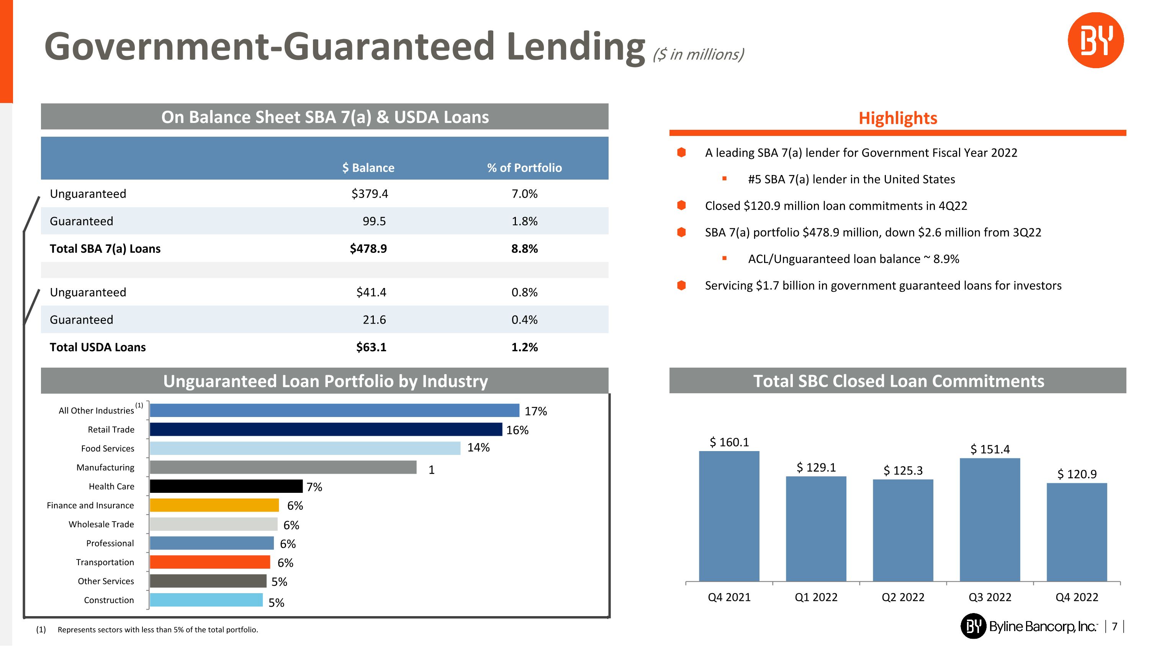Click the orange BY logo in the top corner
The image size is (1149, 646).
click(x=1095, y=40)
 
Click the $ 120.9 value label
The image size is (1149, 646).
click(x=1076, y=474)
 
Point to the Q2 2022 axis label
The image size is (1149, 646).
click(x=903, y=597)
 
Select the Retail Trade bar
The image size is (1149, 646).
click(x=326, y=429)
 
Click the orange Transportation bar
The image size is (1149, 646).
click(x=210, y=562)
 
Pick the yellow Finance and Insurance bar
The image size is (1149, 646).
click(x=214, y=505)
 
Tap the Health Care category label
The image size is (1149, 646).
click(x=111, y=486)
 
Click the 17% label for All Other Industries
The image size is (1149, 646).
click(x=535, y=411)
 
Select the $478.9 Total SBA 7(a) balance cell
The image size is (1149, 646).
click(x=368, y=249)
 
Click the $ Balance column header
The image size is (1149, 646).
click(x=368, y=168)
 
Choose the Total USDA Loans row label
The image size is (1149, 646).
click(x=98, y=347)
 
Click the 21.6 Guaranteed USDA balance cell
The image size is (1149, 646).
click(x=374, y=320)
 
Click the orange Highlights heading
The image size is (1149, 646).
click(x=897, y=118)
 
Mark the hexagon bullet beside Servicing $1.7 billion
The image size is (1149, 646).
click(x=681, y=285)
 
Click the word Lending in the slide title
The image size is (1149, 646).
click(x=575, y=46)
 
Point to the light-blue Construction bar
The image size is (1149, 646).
click(x=206, y=600)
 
